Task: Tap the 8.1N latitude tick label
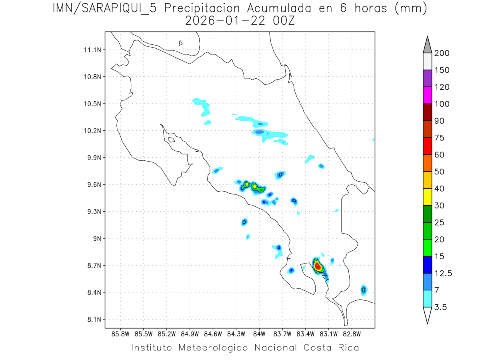pyautogui.click(x=93, y=320)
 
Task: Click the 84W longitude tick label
pyautogui.click(x=259, y=334)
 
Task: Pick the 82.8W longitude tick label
pyautogui.click(x=352, y=334)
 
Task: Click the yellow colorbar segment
pyautogui.click(x=427, y=197)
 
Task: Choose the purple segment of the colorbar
pyautogui.click(x=427, y=78)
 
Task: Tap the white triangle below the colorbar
pyautogui.click(x=427, y=315)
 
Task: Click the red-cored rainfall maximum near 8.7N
pyautogui.click(x=317, y=266)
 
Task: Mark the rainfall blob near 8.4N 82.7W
pyautogui.click(x=364, y=290)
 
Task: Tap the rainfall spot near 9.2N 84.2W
pyautogui.click(x=244, y=222)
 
